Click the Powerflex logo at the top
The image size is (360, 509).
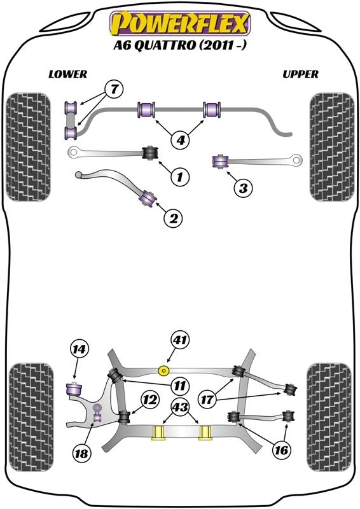coord(180,23)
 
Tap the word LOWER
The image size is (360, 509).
coord(68,74)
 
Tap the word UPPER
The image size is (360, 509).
coord(300,74)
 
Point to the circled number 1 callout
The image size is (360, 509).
coord(180,176)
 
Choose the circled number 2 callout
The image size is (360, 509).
coord(174,218)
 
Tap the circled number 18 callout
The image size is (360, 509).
coord(81,453)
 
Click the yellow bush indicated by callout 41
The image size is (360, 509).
coord(165,370)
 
